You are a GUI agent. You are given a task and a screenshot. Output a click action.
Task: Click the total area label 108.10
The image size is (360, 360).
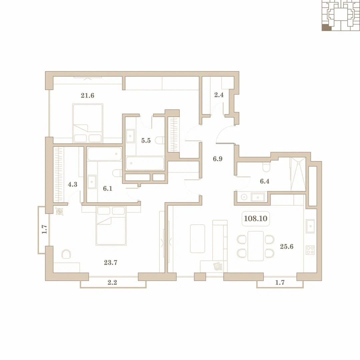point(256,218)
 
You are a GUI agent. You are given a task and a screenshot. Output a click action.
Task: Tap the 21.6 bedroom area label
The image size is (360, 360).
point(87,95)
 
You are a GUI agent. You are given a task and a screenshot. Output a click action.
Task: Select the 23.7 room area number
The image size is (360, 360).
point(111,262)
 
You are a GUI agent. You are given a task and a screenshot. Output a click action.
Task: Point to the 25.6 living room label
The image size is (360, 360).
point(287,247)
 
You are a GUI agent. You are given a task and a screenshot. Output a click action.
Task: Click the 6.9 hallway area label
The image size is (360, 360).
point(217,159)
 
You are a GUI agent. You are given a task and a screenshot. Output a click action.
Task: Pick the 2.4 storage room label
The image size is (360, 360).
point(219,95)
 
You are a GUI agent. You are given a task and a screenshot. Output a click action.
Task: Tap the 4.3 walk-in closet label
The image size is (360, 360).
point(73,184)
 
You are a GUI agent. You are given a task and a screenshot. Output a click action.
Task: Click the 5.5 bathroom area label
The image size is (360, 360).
point(146,141)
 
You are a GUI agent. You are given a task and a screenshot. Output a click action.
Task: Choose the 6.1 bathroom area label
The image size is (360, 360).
point(107,189)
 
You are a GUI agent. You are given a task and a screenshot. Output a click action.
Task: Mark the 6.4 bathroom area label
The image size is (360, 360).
point(264,181)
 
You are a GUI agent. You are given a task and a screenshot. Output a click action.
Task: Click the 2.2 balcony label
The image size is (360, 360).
point(112,282)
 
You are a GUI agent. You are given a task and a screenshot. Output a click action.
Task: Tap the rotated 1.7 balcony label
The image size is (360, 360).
point(44,229)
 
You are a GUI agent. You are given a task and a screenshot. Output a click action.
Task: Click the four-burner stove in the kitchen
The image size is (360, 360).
point(310,250)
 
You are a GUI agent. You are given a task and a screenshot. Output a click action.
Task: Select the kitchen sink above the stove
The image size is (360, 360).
point(310,226)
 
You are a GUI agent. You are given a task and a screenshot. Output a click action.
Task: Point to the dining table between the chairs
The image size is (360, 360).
point(256,246)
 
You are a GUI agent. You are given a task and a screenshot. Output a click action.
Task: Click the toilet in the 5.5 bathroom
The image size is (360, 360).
point(160,140)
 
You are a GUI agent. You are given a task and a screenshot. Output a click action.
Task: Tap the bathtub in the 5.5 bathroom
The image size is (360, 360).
point(145,163)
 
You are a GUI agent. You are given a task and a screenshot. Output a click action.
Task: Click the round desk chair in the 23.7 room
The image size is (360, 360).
point(66,254)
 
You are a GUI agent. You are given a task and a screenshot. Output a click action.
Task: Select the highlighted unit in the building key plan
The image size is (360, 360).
point(327,28)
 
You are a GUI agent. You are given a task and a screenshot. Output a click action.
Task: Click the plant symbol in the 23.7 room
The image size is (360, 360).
point(59,211)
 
